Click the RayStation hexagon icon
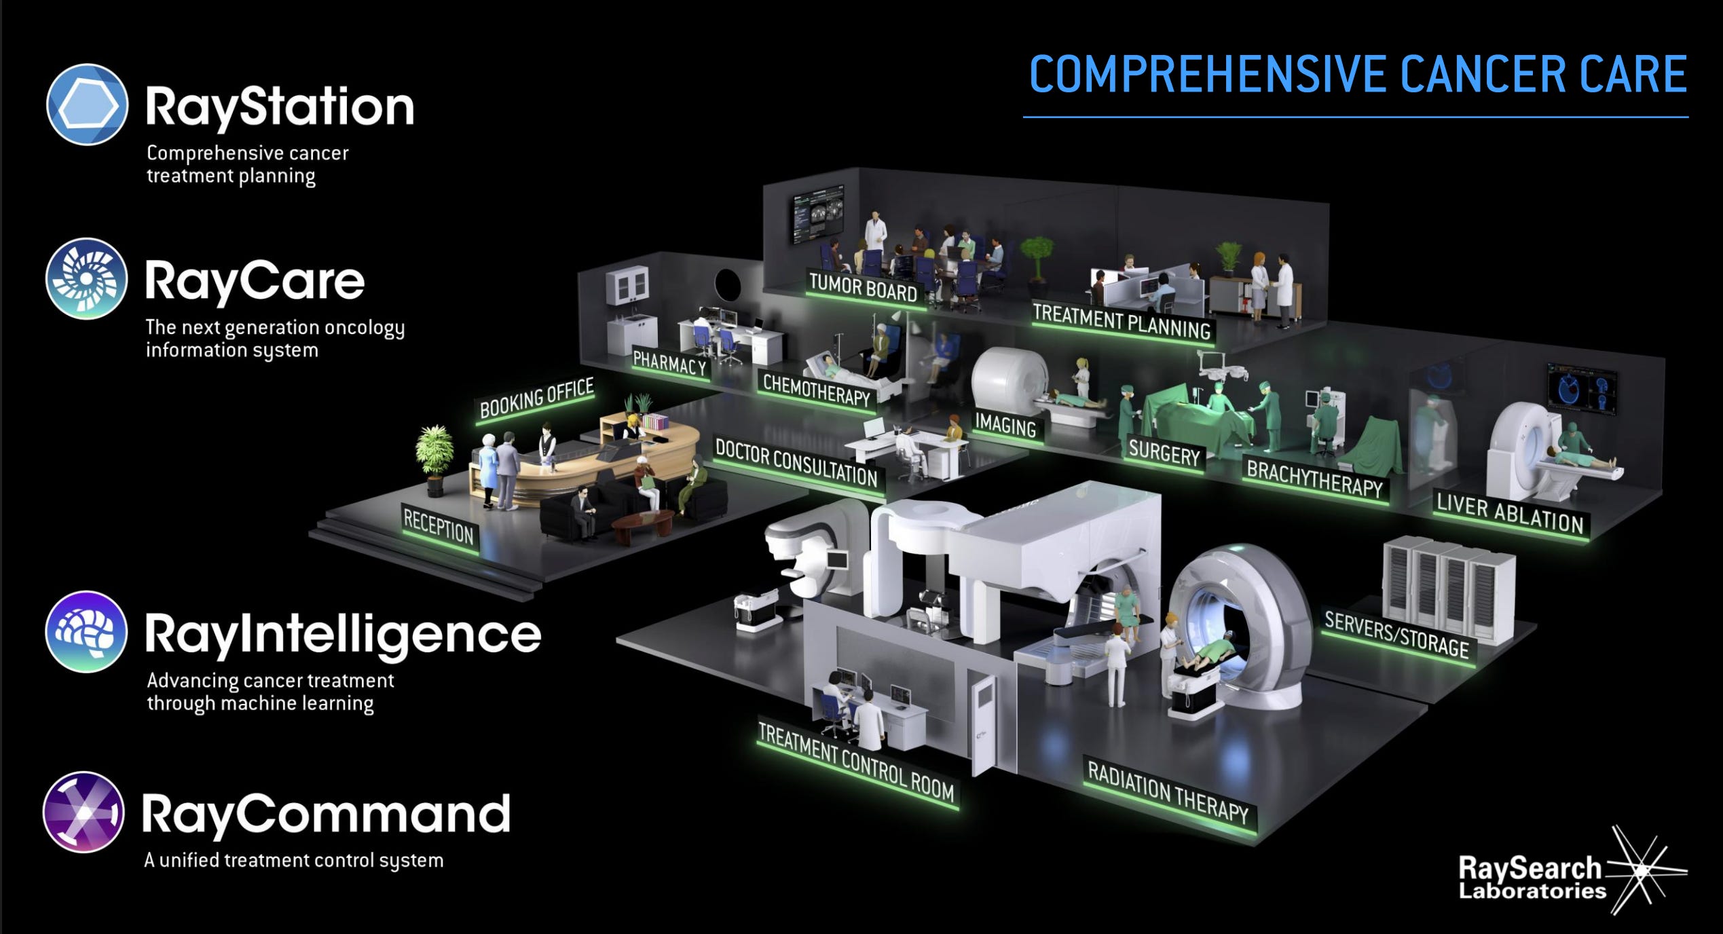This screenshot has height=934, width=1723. [87, 105]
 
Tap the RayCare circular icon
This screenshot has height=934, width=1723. [86, 278]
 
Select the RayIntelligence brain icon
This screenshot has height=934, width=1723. [86, 631]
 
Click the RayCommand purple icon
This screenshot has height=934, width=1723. [84, 812]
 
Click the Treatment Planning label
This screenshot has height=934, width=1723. [1122, 322]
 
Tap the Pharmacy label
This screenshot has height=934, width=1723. [669, 365]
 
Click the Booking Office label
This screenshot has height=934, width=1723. [536, 398]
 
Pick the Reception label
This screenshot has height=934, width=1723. [439, 525]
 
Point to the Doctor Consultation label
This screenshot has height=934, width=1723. [796, 463]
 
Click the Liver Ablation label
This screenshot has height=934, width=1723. [1509, 514]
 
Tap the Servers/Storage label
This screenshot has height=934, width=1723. [1396, 634]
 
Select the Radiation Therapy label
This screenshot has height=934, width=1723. [1168, 792]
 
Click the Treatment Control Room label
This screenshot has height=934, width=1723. [855, 762]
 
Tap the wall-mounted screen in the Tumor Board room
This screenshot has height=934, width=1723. [817, 214]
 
